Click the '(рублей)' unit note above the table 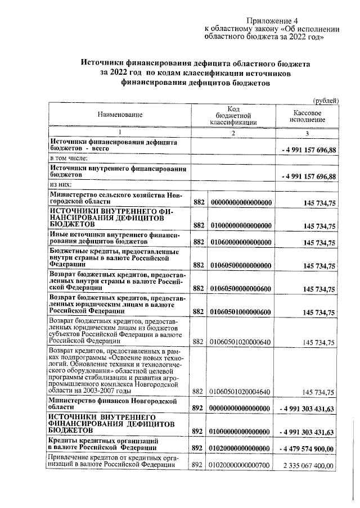pos(325,100)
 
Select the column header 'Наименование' pos(120,115)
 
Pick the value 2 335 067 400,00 pos(307,465)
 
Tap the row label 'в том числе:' pos(67,159)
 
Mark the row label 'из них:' pos(61,184)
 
